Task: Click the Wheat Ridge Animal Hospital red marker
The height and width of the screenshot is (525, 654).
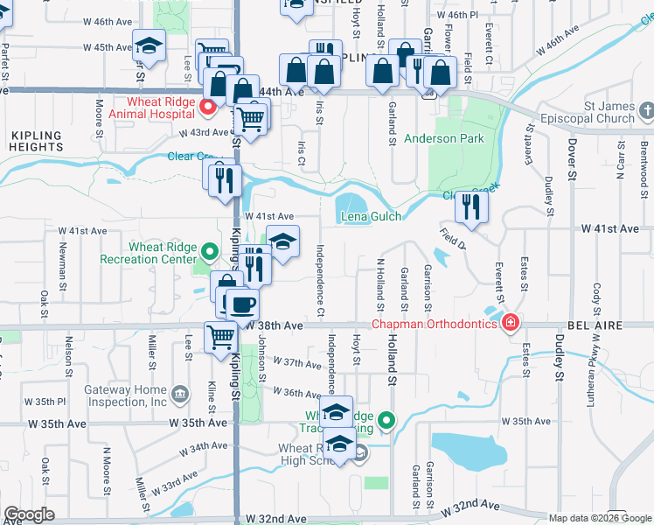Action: [208, 108]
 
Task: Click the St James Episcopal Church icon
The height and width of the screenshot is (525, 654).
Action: [646, 111]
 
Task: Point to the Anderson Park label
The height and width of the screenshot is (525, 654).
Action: [443, 138]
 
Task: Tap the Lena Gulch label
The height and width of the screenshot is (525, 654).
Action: [371, 216]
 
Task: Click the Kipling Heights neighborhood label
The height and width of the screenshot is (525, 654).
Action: [36, 142]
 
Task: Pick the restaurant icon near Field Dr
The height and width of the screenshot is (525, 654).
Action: [471, 207]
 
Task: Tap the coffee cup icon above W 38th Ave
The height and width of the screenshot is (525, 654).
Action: [242, 304]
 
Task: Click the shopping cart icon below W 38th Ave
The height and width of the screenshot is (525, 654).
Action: [221, 338]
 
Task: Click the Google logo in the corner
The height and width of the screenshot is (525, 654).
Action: [29, 514]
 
